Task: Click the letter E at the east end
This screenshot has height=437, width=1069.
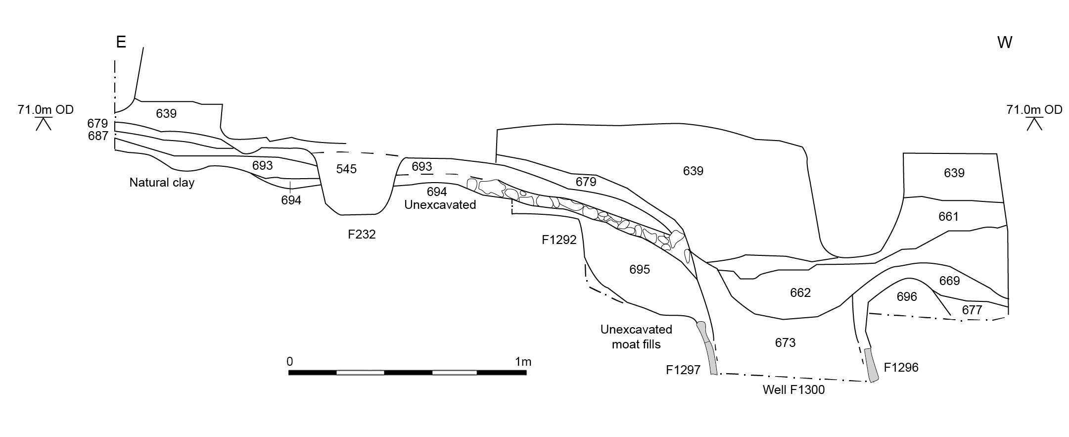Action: click(121, 42)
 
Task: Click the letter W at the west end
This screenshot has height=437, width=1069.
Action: click(1005, 43)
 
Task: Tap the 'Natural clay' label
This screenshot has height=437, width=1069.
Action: click(162, 183)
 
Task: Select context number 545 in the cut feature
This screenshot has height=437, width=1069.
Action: click(346, 169)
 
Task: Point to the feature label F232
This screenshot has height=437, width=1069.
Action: click(362, 234)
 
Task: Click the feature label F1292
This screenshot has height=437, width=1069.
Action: click(559, 240)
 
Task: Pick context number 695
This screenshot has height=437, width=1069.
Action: click(640, 269)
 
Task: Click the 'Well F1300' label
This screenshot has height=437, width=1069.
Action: click(793, 390)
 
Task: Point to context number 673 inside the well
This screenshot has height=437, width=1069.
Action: click(785, 342)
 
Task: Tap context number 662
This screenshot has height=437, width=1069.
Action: click(800, 292)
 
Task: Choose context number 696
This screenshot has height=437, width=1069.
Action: click(907, 296)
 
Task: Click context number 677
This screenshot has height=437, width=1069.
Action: click(972, 310)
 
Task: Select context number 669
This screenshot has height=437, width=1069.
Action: click(949, 281)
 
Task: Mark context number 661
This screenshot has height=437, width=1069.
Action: click(948, 216)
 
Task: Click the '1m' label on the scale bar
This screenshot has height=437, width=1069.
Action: click(523, 362)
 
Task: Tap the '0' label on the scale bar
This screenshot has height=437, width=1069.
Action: click(290, 361)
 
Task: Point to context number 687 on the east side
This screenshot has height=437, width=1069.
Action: click(98, 136)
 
